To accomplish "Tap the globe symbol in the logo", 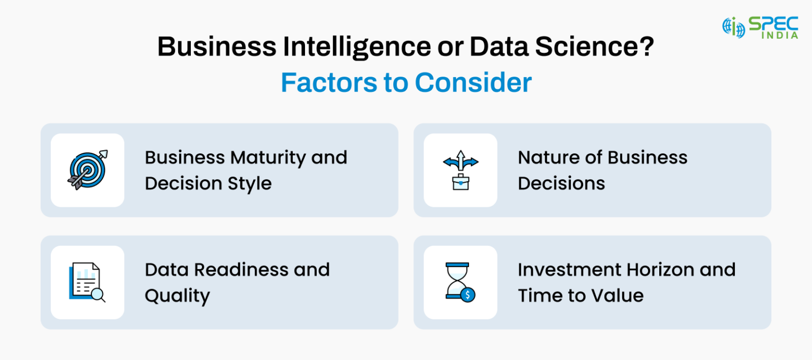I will pyautogui.click(x=734, y=27).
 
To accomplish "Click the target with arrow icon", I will pyautogui.click(x=87, y=170).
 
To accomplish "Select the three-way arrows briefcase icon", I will pyautogui.click(x=460, y=170).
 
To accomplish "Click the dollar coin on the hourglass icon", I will pyautogui.click(x=468, y=294).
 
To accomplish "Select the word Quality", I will pyautogui.click(x=177, y=296).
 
